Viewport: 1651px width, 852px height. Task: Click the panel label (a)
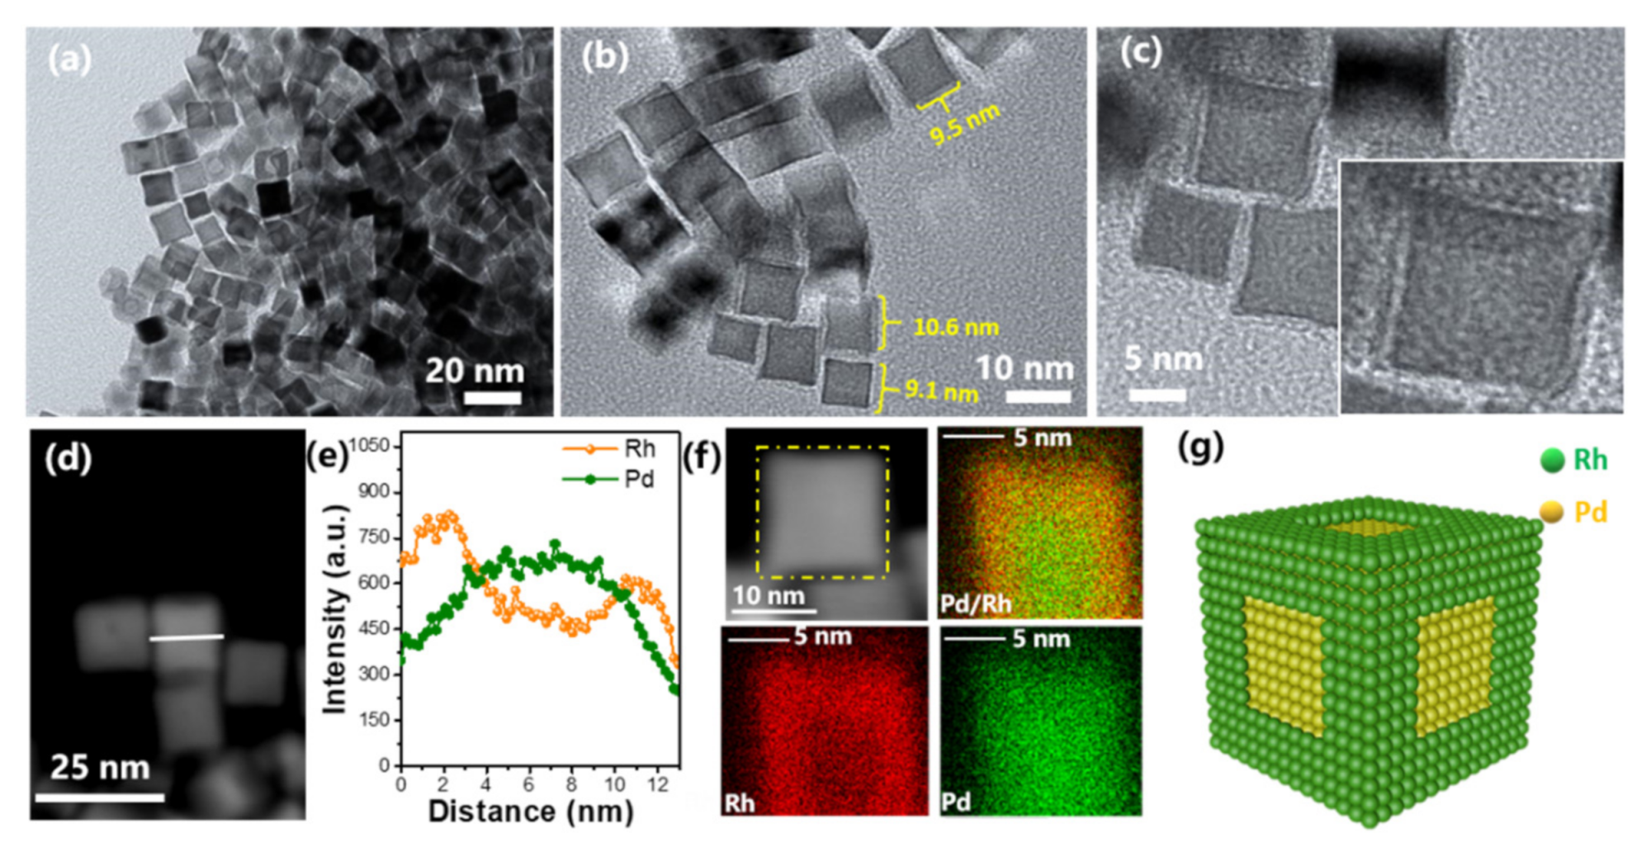69,59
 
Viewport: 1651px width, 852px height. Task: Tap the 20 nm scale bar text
475,371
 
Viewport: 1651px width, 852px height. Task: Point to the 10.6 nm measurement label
956,328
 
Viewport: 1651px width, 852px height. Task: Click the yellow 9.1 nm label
942,390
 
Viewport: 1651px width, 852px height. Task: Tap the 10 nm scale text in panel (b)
1024,368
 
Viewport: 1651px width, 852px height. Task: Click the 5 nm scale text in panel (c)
1163,359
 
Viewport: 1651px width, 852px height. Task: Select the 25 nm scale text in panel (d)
100,768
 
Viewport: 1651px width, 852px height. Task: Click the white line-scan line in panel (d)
187,637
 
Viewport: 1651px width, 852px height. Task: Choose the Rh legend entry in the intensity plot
611,449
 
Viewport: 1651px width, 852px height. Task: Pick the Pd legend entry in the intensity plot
611,479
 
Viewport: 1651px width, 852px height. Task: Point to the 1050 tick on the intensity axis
369,446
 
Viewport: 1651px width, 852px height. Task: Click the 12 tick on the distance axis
658,784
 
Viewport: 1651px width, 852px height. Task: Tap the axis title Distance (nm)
531,812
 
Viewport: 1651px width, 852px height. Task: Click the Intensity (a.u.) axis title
334,608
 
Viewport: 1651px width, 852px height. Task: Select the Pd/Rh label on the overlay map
976,604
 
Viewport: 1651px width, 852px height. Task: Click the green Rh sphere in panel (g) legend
1552,461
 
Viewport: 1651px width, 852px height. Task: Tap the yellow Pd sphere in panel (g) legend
1552,513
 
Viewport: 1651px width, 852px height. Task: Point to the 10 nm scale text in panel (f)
769,594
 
